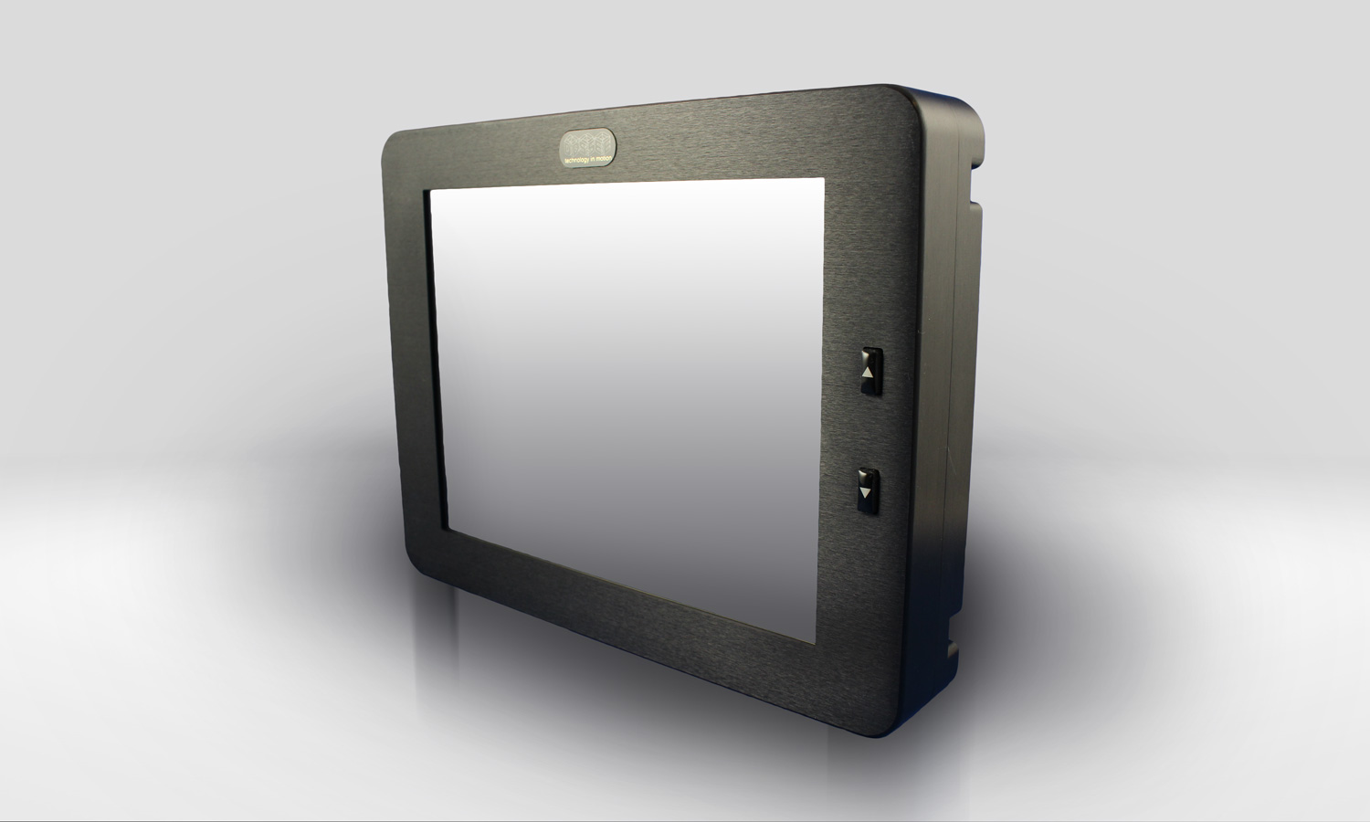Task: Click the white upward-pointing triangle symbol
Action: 869,373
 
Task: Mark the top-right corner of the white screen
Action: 825,179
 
